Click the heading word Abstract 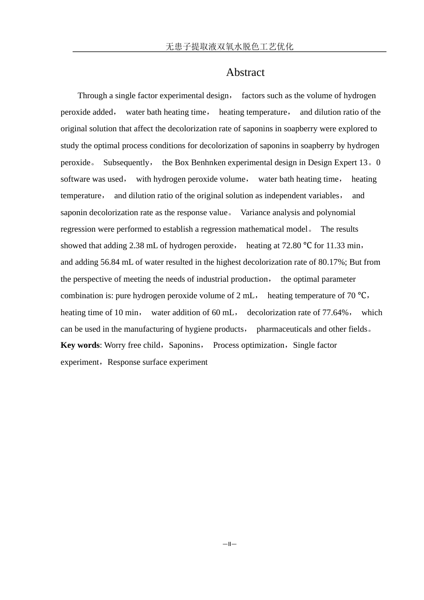[245, 72]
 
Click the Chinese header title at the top [229, 46]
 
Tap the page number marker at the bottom [229, 544]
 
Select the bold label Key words [80, 345]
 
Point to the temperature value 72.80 [291, 246]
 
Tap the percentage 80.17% [332, 262]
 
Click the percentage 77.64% [335, 312]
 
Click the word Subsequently [126, 162]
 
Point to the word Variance [255, 212]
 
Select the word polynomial [336, 212]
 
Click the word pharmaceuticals [284, 329]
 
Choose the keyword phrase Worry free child [132, 345]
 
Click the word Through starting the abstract [92, 96]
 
